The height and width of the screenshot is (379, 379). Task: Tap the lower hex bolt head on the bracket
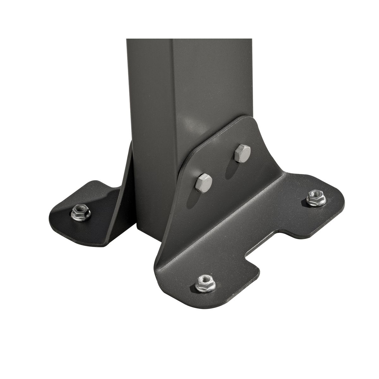(x=204, y=182)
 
